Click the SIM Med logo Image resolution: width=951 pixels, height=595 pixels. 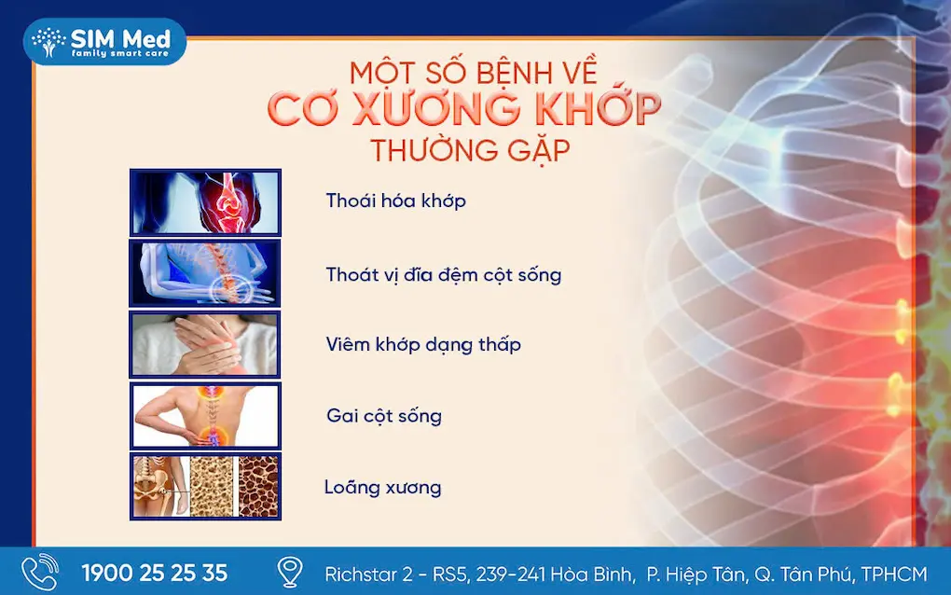[x=104, y=41]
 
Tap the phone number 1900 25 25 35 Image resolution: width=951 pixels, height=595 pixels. [x=155, y=574]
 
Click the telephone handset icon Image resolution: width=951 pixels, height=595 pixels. [x=39, y=572]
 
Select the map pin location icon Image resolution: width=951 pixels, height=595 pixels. [x=290, y=572]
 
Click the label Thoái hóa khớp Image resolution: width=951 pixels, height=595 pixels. [x=395, y=201]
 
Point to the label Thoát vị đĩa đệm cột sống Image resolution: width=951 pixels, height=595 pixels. [x=444, y=275]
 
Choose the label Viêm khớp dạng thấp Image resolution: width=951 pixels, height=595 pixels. [x=423, y=344]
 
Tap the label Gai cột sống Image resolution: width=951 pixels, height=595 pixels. [x=384, y=416]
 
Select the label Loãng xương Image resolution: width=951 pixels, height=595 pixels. [x=382, y=487]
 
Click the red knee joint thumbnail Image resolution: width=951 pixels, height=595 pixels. [x=205, y=202]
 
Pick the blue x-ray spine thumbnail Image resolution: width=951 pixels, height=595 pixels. [x=205, y=273]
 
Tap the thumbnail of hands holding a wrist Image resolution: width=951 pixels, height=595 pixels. [x=205, y=344]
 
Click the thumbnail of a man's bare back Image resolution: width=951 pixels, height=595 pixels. [x=205, y=416]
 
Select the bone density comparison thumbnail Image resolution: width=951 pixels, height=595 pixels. [x=205, y=487]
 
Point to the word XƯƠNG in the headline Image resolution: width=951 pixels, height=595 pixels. [x=435, y=108]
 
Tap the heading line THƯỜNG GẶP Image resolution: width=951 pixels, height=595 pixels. [x=470, y=150]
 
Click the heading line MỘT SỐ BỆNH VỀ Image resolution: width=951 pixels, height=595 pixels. [x=474, y=71]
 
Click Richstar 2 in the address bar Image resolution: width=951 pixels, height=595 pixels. [x=368, y=574]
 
